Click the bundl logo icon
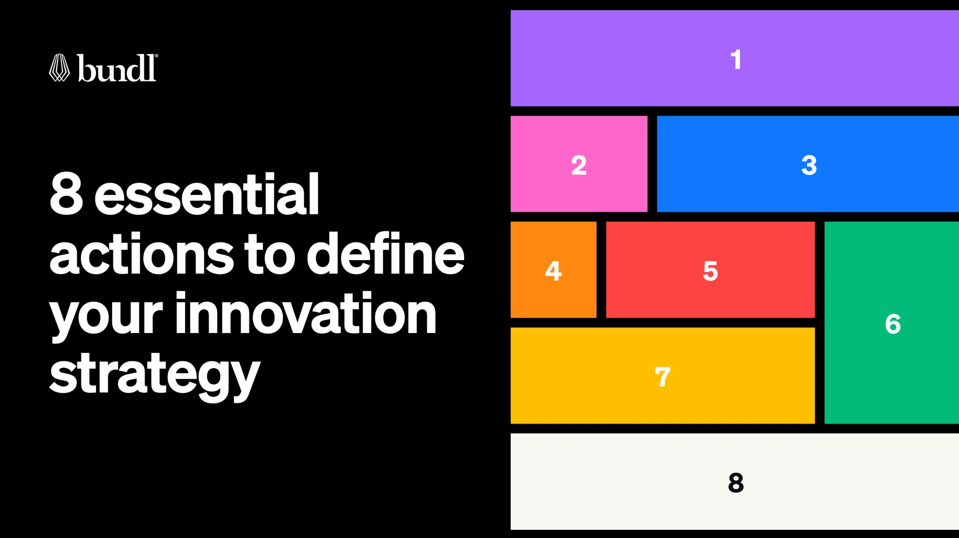pyautogui.click(x=59, y=68)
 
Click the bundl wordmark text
pyautogui.click(x=117, y=68)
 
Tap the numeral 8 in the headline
pyautogui.click(x=66, y=194)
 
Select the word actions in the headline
pyautogui.click(x=141, y=254)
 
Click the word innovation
pyautogui.click(x=306, y=314)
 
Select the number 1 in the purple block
pyautogui.click(x=736, y=60)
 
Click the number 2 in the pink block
pyautogui.click(x=579, y=166)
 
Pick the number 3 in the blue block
pyautogui.click(x=809, y=166)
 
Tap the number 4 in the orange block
pyautogui.click(x=553, y=271)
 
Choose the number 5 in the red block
pyautogui.click(x=710, y=271)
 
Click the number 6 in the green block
pyautogui.click(x=892, y=324)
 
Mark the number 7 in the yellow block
pyautogui.click(x=662, y=377)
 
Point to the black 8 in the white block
pyautogui.click(x=736, y=483)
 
